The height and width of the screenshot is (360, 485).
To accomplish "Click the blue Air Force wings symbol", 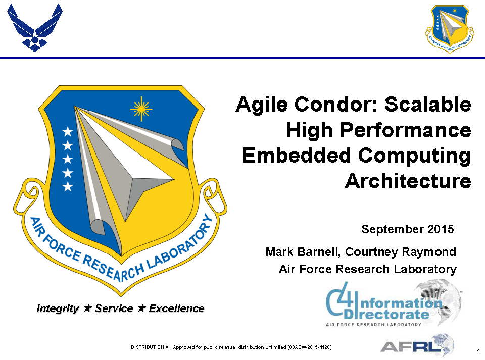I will click(35, 28).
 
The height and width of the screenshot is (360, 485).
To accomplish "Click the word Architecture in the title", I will click(408, 181).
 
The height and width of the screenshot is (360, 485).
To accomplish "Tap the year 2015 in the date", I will click(441, 229).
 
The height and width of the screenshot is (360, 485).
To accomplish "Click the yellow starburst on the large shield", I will click(141, 107).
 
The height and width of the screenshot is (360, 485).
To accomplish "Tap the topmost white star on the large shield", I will click(68, 132).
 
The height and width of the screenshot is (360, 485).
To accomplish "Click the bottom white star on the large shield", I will click(68, 187).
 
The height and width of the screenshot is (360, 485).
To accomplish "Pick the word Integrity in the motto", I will click(58, 308).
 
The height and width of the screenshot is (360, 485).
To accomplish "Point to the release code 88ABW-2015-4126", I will click(310, 347).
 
